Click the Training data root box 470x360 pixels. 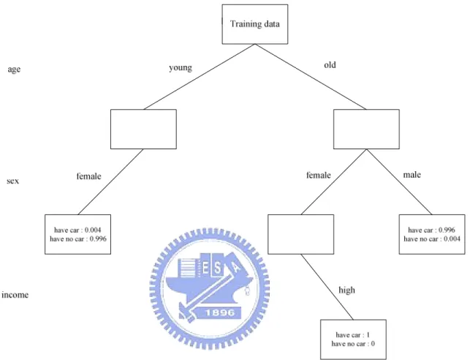tap(255, 24)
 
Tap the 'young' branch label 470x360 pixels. tap(181, 68)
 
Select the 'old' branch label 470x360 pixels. tap(330, 65)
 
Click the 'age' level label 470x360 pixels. tap(14, 70)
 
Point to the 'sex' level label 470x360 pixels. tap(12, 181)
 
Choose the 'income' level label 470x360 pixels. tap(15, 295)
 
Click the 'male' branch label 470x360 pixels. tap(412, 175)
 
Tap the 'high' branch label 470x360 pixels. tap(346, 290)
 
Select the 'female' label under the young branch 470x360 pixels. tap(88, 176)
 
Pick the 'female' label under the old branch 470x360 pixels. tap(319, 175)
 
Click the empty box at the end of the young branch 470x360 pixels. tap(143, 129)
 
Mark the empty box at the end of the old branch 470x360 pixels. tap(366, 129)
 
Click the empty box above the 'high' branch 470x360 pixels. tap(300, 234)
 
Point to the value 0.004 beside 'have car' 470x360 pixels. tap(93, 230)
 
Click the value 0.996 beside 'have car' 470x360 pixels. tap(447, 230)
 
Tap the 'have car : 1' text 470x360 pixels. tap(353, 335)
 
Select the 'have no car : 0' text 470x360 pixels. tap(353, 344)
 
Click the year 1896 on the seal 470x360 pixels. tap(220, 312)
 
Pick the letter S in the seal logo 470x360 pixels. tap(217, 269)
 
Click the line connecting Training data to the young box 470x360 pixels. tap(200, 77)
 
